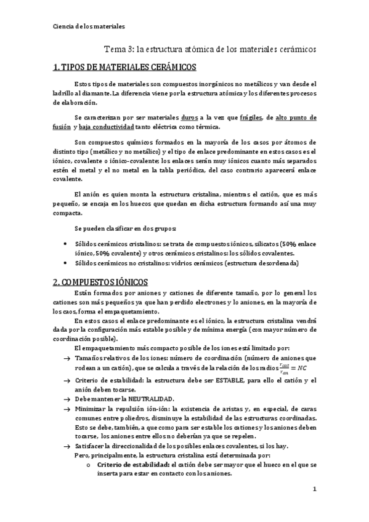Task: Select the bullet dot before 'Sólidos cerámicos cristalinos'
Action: tap(65, 244)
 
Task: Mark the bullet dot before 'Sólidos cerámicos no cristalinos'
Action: tap(65, 263)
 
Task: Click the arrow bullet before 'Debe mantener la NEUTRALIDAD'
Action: tap(67, 399)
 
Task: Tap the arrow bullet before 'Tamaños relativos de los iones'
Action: tap(67, 358)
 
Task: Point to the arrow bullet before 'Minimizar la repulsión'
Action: tap(67, 409)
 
